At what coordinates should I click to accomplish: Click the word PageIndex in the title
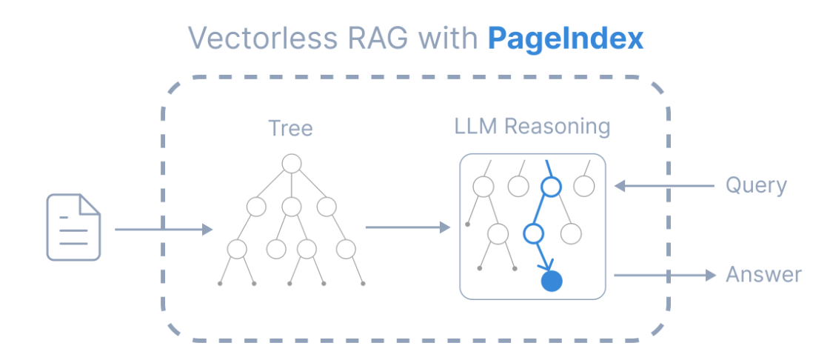565,39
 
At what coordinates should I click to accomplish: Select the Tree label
290,129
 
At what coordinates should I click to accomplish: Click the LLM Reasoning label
532,126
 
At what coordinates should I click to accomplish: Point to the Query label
755,185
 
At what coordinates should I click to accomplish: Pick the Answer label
763,275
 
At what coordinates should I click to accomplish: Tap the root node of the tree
291,163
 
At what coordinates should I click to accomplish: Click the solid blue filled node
552,281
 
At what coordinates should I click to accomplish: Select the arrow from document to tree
163,230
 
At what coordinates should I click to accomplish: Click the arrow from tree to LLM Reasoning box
407,227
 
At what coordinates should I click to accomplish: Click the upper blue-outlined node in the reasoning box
549,187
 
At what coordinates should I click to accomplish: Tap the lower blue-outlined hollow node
533,234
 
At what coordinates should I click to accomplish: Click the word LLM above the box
475,126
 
